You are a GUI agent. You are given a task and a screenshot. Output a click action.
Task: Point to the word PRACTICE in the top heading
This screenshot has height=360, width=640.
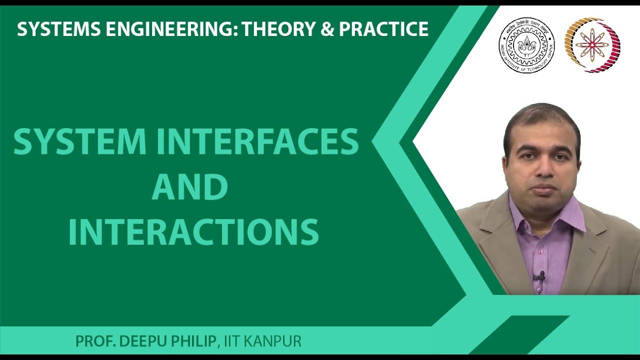[x=384, y=29]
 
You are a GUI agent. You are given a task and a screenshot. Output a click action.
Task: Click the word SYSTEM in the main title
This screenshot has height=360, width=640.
[x=80, y=141]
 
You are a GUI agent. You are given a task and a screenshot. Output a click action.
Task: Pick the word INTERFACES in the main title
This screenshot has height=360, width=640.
[x=257, y=141]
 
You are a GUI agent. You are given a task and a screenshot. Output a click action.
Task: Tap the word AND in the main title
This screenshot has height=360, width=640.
[x=189, y=187]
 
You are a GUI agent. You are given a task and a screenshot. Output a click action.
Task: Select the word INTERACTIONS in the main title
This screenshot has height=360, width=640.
[x=193, y=231]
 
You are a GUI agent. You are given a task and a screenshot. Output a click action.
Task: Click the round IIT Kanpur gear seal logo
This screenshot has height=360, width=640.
[x=526, y=45]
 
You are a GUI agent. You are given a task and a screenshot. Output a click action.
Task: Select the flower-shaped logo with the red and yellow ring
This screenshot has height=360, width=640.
[x=592, y=45]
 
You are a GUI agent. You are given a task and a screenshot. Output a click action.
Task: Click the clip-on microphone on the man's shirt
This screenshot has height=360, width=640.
[x=539, y=275]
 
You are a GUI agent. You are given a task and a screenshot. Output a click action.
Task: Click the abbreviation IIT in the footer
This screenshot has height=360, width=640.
[x=231, y=342]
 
